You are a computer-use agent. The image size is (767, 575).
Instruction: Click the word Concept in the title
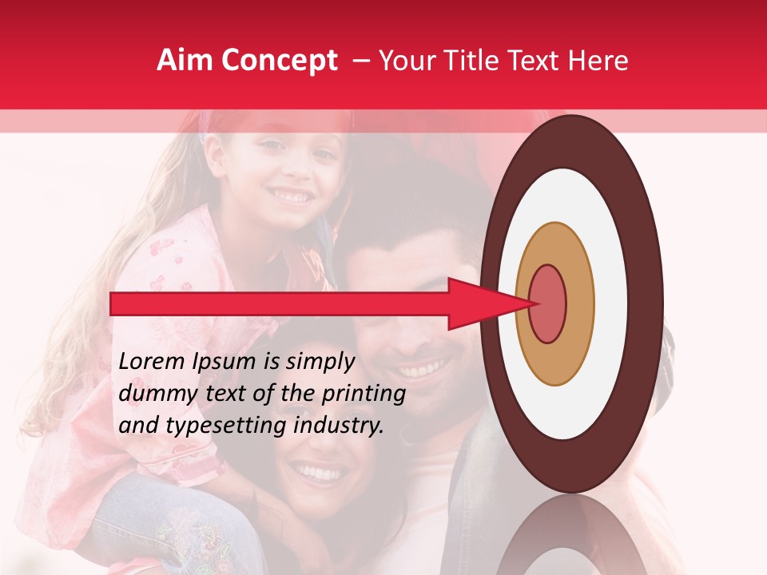coord(279,61)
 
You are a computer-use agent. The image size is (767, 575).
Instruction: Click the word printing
coord(364,395)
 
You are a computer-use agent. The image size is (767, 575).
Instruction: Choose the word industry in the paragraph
coord(336,426)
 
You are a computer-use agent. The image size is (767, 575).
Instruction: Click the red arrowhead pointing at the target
coord(479,303)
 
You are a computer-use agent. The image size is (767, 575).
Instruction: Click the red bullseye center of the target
coord(547,303)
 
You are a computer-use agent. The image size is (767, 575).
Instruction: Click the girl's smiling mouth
coord(291,195)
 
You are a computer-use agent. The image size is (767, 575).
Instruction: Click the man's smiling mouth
coord(419,370)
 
